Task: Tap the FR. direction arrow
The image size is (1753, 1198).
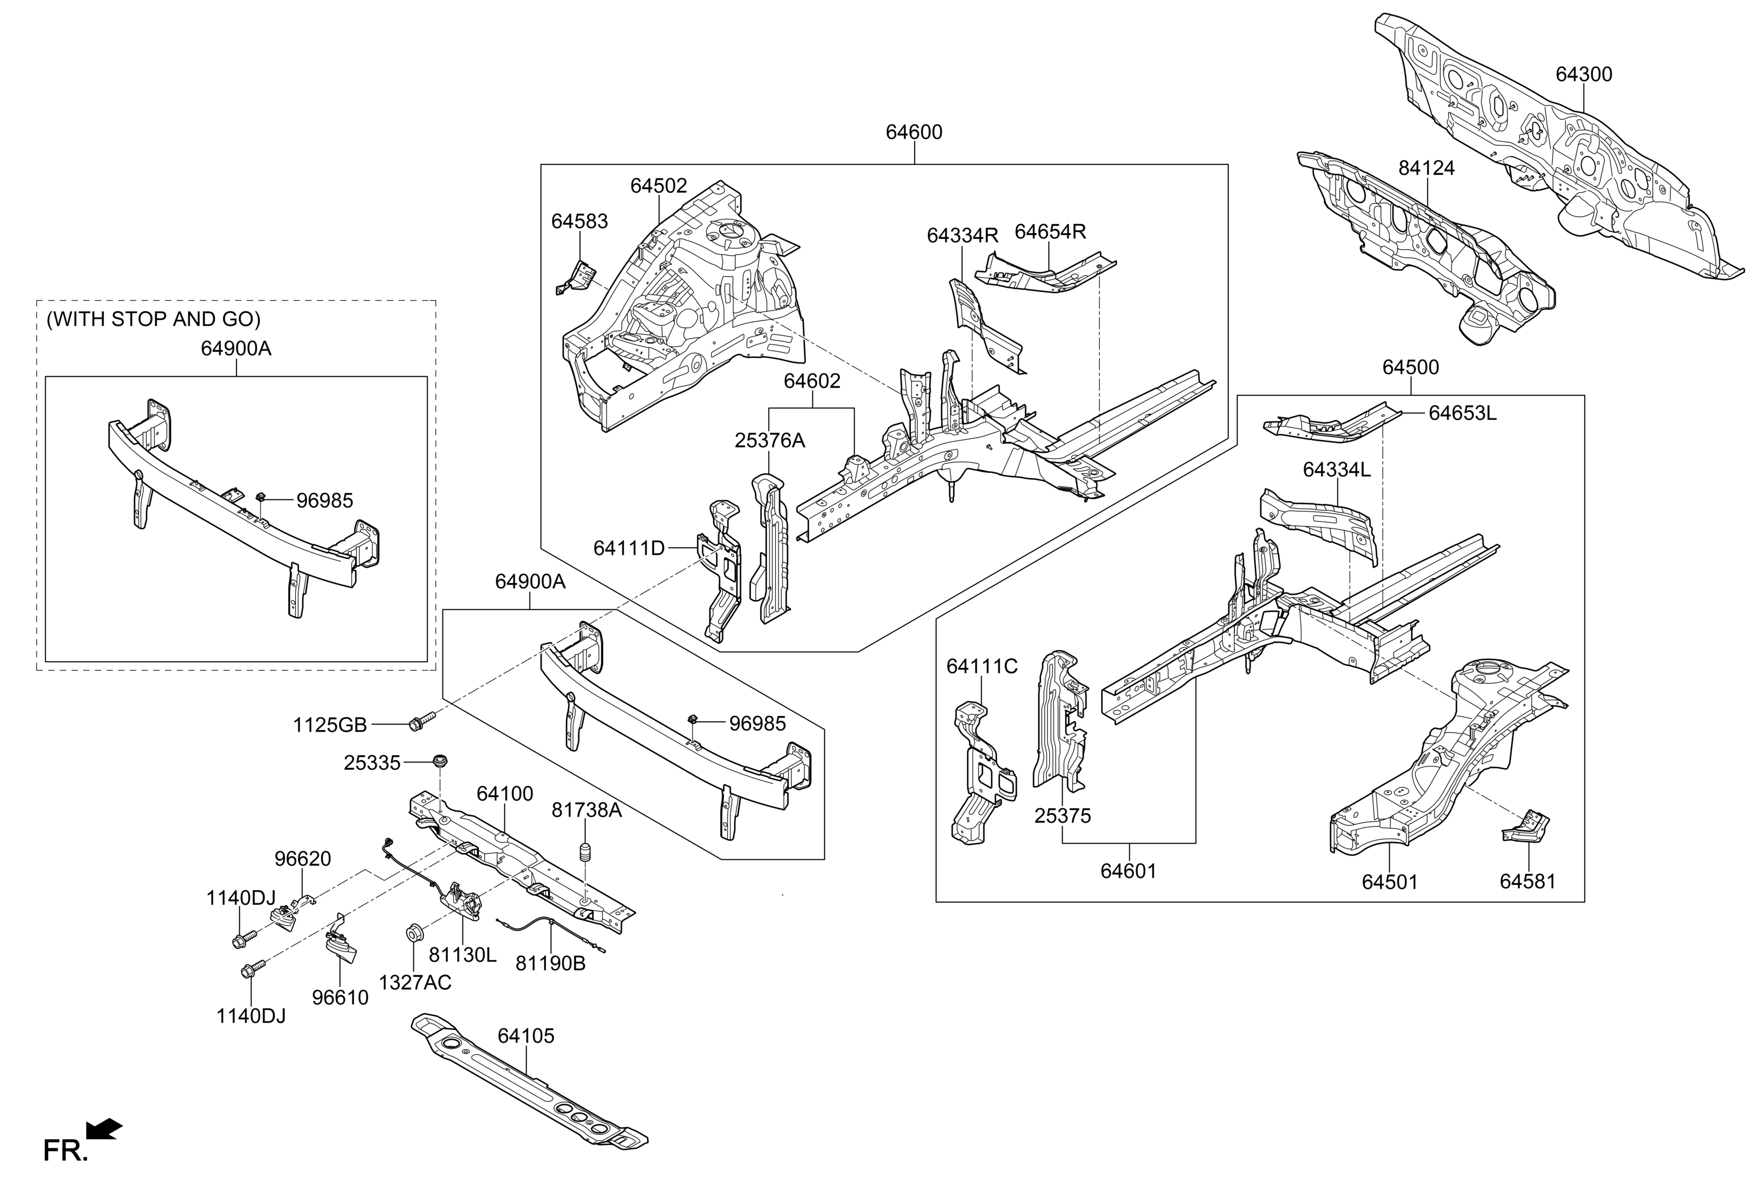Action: coord(104,1129)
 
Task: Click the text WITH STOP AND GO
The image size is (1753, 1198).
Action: coord(153,319)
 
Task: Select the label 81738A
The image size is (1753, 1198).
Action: coord(586,810)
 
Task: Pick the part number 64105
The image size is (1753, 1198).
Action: coord(525,1036)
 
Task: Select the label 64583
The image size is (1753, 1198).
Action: coord(579,222)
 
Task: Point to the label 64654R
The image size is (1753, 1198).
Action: coord(1049,232)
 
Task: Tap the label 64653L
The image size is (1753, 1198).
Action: coord(1462,413)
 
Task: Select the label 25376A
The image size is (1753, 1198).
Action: coord(769,441)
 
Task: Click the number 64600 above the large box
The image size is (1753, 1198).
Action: coord(914,133)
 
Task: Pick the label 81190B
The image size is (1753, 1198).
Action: coord(550,963)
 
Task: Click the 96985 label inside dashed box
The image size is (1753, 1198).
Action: coord(324,500)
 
